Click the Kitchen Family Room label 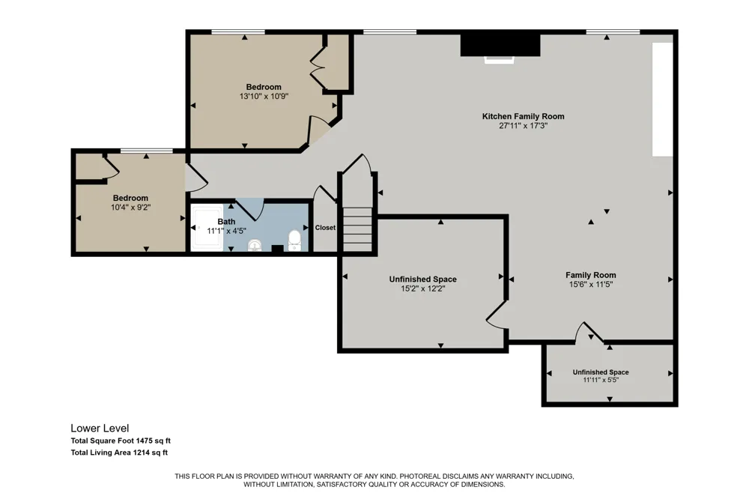523,116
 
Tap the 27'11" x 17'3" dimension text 523,126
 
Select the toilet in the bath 294,241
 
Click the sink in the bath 255,245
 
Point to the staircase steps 357,229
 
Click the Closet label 325,228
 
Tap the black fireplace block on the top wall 500,45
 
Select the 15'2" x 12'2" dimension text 422,288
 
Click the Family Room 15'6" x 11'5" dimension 591,285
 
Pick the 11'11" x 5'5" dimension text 601,380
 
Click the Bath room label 226,222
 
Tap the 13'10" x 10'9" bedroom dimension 264,97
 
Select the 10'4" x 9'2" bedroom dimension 130,208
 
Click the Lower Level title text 100,429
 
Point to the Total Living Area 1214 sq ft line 119,453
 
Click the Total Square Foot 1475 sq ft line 121,441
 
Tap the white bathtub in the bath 207,228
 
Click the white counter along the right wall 663,100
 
